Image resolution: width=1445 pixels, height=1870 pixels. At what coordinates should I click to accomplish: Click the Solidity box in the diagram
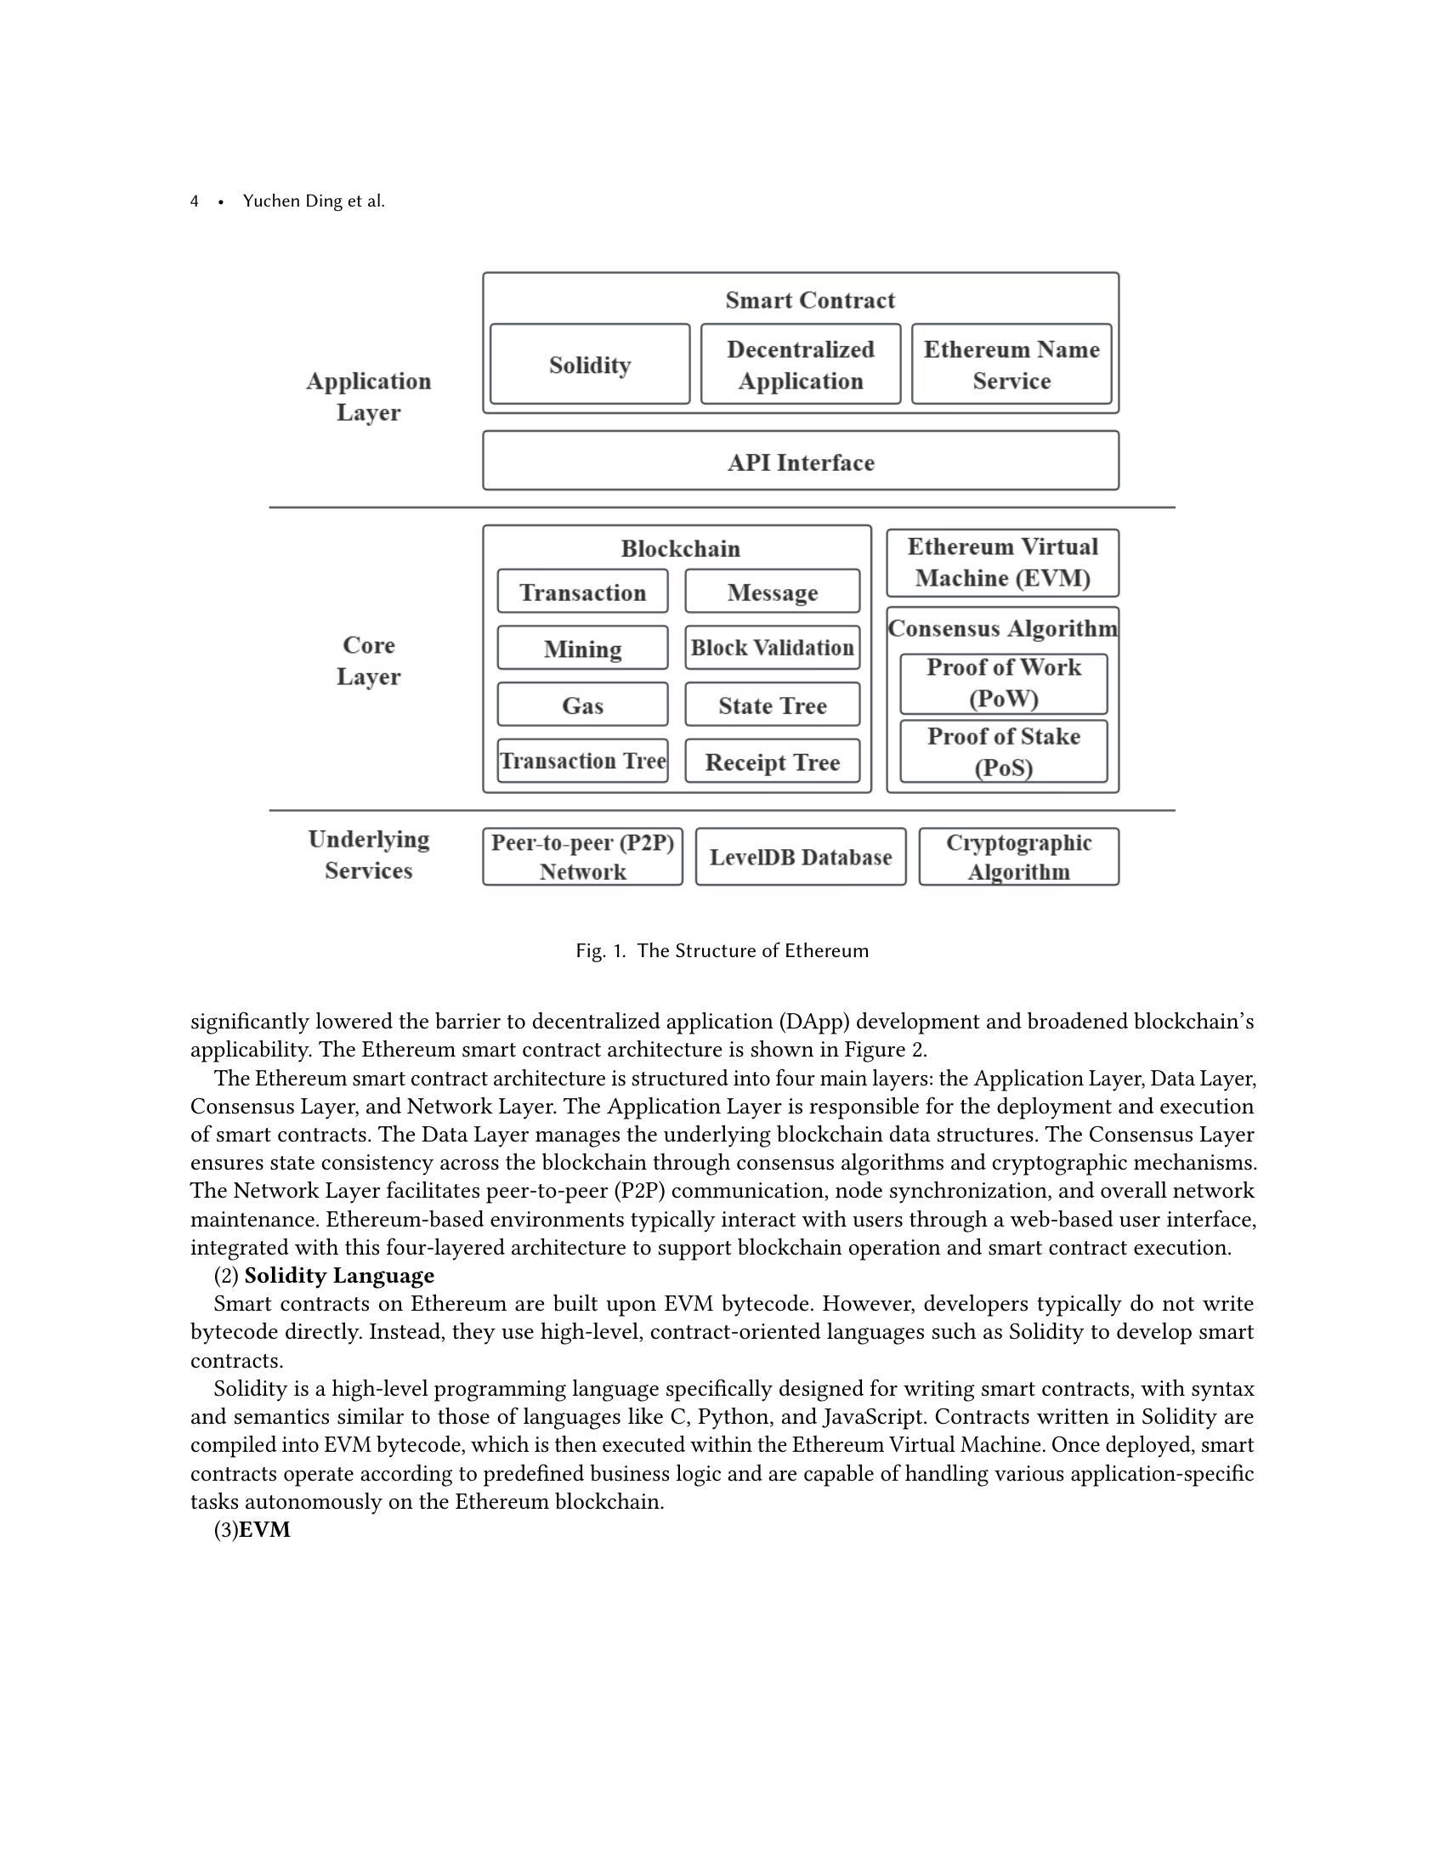point(590,365)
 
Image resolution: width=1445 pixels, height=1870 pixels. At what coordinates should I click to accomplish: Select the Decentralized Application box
point(801,365)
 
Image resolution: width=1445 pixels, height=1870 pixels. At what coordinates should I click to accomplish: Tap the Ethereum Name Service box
point(1011,365)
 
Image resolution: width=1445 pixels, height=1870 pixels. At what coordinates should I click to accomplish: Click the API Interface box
point(801,462)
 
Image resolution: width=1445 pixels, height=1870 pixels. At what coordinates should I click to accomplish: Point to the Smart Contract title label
point(810,301)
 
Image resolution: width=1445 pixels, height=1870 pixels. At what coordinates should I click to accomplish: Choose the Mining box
point(582,649)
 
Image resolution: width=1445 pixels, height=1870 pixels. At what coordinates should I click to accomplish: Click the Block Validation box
point(772,649)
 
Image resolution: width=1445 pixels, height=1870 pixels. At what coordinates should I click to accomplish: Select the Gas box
point(582,705)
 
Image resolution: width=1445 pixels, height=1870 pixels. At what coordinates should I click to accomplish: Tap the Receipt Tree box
point(772,762)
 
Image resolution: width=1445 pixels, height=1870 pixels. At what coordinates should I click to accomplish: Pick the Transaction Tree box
point(582,762)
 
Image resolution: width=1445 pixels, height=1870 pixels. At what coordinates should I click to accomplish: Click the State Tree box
point(772,705)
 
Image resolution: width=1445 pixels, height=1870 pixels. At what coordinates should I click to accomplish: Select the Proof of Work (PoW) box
point(1003,683)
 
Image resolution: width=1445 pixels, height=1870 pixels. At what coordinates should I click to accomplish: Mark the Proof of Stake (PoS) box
point(1003,751)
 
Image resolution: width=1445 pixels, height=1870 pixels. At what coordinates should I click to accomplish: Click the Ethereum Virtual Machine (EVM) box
point(1002,563)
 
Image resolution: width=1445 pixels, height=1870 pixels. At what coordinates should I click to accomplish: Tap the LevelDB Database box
point(801,857)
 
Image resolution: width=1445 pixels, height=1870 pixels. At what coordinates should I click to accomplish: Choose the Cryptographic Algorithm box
point(1018,857)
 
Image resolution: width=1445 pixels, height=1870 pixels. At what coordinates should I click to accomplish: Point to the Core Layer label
point(368,660)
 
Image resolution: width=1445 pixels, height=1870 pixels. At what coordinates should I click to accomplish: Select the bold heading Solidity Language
point(339,1276)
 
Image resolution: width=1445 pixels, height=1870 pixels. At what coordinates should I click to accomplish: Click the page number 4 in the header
point(195,201)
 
